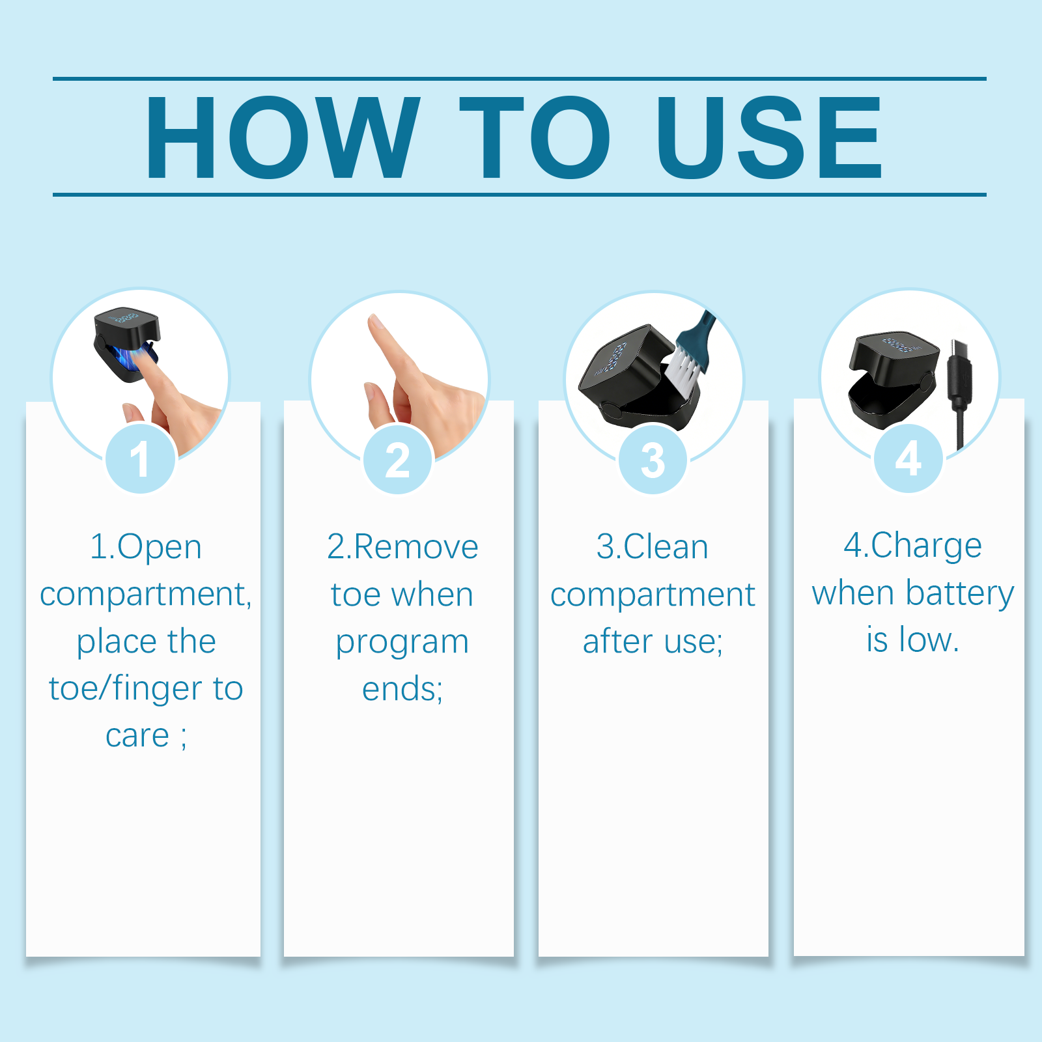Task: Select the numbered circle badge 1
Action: [x=140, y=458]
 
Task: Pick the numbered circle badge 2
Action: [x=397, y=460]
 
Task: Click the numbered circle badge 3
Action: [x=653, y=460]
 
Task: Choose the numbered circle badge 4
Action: [x=908, y=458]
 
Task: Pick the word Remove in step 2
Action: [x=417, y=547]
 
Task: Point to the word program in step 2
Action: [x=402, y=643]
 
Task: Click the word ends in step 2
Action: [x=399, y=689]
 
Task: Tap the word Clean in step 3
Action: [x=666, y=547]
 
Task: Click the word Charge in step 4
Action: [x=927, y=546]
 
